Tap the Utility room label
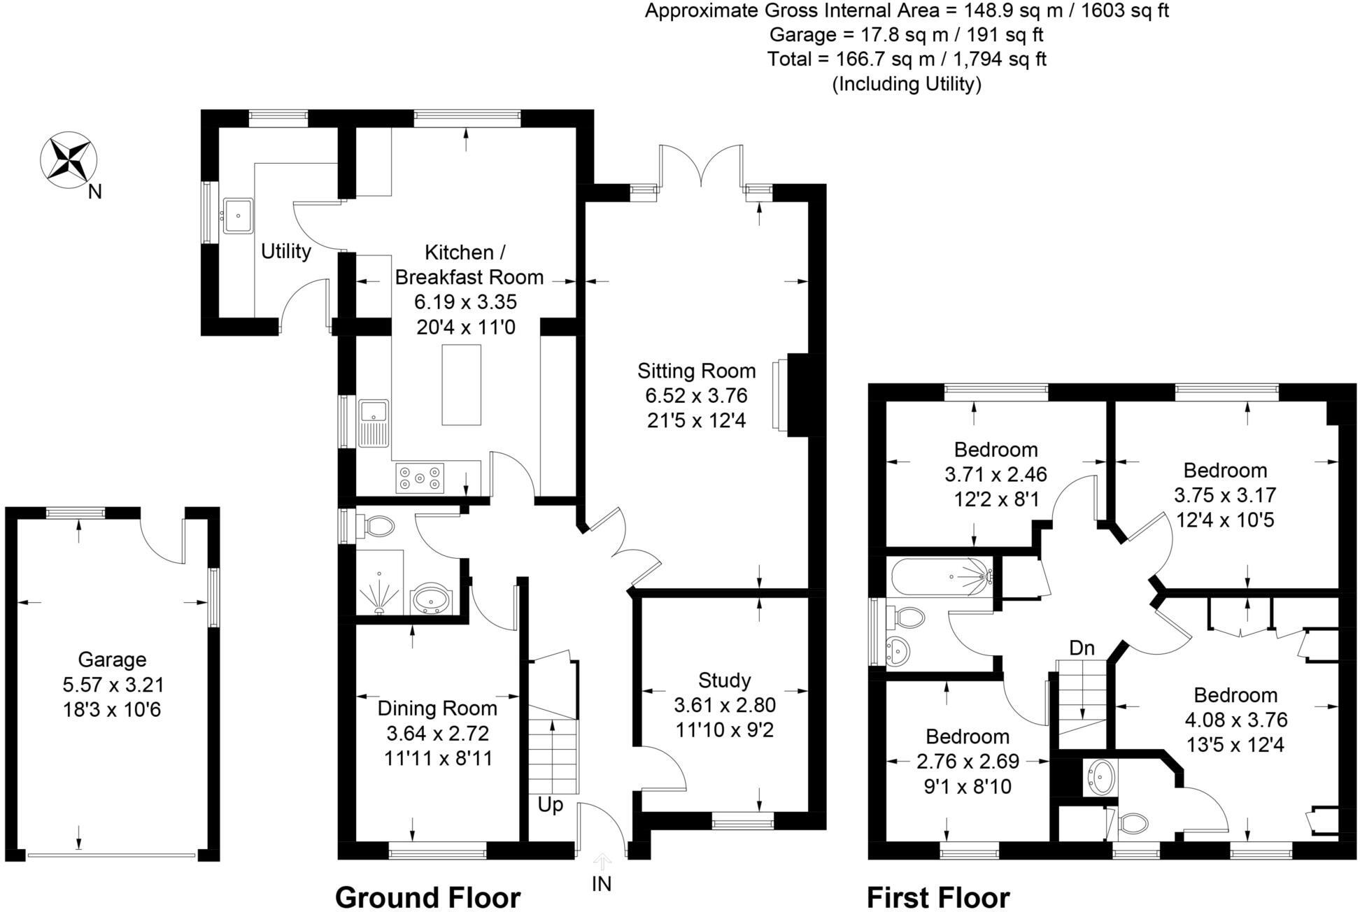[x=285, y=251]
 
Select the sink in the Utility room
[x=239, y=214]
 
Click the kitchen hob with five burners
[x=420, y=478]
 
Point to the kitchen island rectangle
[x=461, y=385]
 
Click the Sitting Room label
[x=696, y=371]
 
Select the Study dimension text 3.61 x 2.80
[x=725, y=705]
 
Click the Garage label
[x=112, y=660]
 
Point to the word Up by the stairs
[x=550, y=805]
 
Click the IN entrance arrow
[x=602, y=862]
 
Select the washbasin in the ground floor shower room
[x=432, y=600]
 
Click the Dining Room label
[x=437, y=708]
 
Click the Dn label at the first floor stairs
[x=1082, y=648]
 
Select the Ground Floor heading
[x=427, y=897]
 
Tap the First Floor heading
[x=938, y=897]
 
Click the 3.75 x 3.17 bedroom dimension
[x=1225, y=495]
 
